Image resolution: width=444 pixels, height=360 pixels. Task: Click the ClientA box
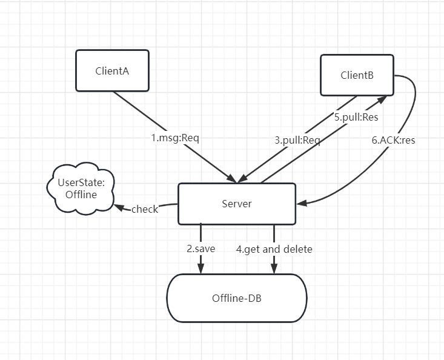[x=112, y=70]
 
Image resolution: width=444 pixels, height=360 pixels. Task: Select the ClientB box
[x=357, y=75]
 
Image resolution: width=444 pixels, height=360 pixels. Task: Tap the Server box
[x=236, y=204]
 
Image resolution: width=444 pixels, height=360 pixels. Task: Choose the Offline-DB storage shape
[x=236, y=298]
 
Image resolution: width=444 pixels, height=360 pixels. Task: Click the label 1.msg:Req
[x=175, y=138]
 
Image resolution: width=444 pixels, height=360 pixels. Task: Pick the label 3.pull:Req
[x=297, y=140]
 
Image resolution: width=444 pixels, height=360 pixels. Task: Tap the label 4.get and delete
[x=274, y=248]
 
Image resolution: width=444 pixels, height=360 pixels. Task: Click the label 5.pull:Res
[x=356, y=118]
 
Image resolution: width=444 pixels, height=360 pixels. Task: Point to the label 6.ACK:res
[x=393, y=139]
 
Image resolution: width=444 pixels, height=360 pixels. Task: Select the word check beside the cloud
[x=145, y=209]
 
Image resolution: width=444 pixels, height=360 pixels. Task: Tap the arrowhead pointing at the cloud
[x=117, y=207]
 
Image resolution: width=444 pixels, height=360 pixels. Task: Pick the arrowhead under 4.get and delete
[x=274, y=268]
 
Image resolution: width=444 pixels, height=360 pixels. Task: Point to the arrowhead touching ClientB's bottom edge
[x=380, y=99]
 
